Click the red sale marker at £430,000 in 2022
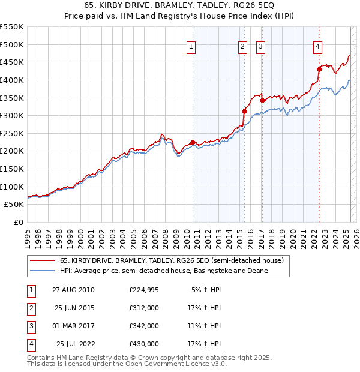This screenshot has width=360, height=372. pyautogui.click(x=319, y=70)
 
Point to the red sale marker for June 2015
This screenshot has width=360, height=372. pyautogui.click(x=244, y=111)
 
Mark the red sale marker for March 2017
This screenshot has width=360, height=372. pyautogui.click(x=262, y=101)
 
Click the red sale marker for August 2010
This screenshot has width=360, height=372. pyautogui.click(x=193, y=142)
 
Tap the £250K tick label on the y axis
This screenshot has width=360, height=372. pyautogui.click(x=11, y=133)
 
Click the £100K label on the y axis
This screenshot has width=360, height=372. pyautogui.click(x=11, y=187)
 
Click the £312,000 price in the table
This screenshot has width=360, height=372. pyautogui.click(x=144, y=308)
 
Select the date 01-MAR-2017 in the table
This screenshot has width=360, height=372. pyautogui.click(x=73, y=326)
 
